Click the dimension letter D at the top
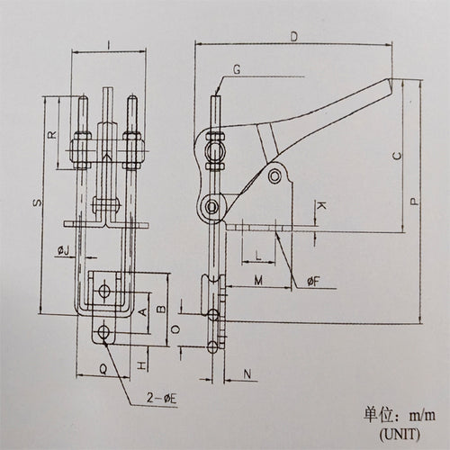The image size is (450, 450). coord(294,37)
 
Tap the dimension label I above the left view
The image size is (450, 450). coord(109,45)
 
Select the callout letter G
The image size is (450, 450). coord(237,69)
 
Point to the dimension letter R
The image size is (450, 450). coord(52,134)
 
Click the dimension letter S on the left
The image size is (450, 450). coord(38,202)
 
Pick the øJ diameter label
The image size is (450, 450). coord(63,250)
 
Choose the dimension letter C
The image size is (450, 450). coord(397,156)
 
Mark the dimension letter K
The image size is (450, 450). coord(321,206)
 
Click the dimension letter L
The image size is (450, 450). coord(258,256)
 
